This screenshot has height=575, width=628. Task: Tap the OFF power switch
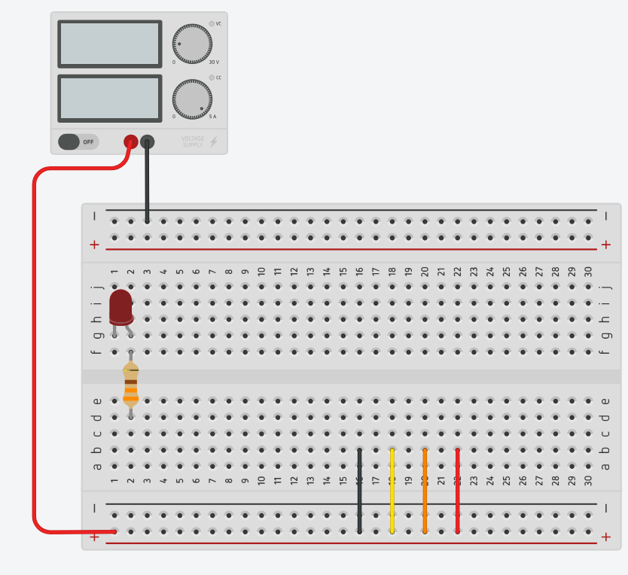(x=78, y=141)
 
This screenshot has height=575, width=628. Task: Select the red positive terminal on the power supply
(x=130, y=141)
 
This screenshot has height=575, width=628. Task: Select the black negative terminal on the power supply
(x=148, y=141)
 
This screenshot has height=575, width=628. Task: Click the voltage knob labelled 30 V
(x=191, y=44)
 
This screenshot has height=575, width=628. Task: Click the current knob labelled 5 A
(x=191, y=99)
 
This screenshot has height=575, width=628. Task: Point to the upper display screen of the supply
(x=109, y=44)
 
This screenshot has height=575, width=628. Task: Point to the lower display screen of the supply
(x=109, y=98)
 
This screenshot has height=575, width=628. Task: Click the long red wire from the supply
(x=35, y=339)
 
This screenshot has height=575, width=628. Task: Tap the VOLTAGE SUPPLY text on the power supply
(x=193, y=141)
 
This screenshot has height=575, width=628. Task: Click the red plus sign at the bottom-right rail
(x=605, y=537)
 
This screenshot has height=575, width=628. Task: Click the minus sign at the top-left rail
(x=94, y=216)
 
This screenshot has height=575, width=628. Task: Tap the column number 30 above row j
(x=588, y=271)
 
